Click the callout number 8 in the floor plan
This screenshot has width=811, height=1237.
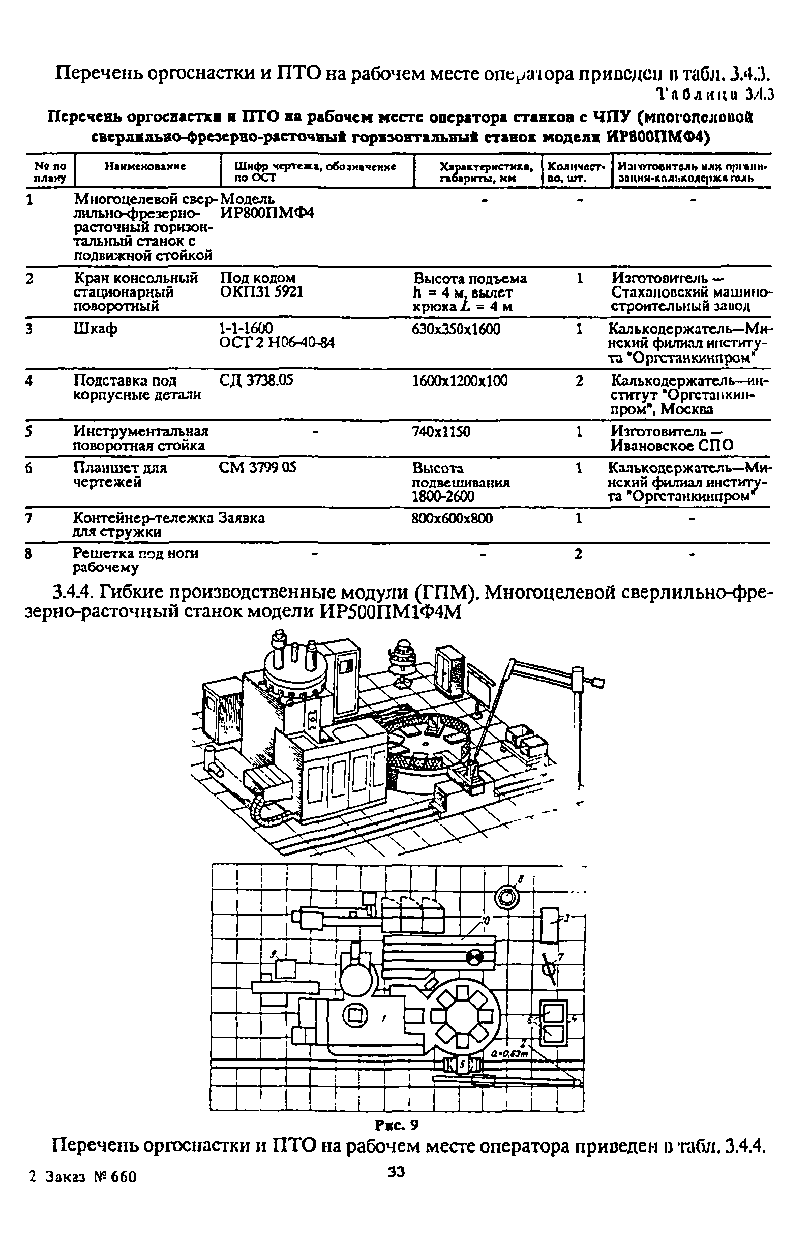[x=521, y=878]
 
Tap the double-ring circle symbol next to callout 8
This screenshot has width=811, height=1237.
[x=506, y=898]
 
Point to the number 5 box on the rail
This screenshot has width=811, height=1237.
[x=462, y=1065]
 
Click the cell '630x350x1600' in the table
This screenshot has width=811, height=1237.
[x=456, y=329]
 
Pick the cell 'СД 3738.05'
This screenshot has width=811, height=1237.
[x=256, y=380]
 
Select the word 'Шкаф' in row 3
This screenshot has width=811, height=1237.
[x=95, y=329]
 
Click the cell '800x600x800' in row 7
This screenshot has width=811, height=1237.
[x=452, y=518]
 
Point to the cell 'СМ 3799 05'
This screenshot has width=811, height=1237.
[x=257, y=468]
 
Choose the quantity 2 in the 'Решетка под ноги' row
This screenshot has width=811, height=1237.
[x=578, y=554]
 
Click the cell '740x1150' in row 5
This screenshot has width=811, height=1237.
[x=441, y=431]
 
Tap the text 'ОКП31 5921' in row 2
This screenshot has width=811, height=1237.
[x=262, y=292]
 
